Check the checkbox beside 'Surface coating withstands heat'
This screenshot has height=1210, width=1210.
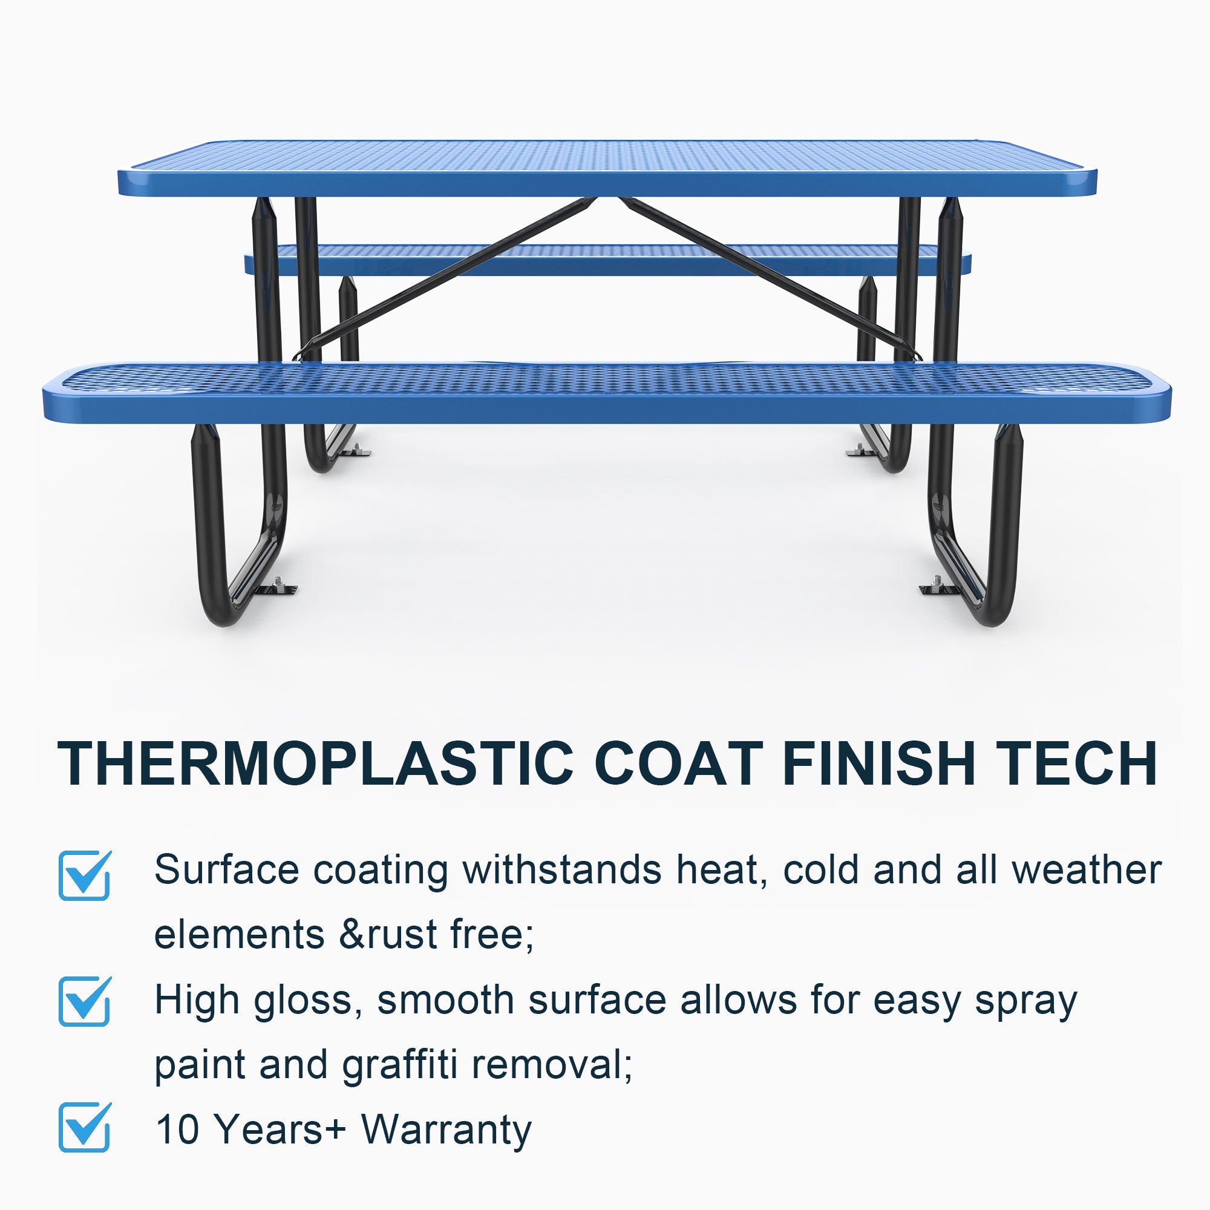point(85,875)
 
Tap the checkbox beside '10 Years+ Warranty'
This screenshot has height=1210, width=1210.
point(85,1127)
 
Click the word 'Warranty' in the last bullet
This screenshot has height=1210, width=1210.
point(446,1129)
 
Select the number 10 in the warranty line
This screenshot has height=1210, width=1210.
point(177,1129)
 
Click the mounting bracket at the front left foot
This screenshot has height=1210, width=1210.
point(279,587)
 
